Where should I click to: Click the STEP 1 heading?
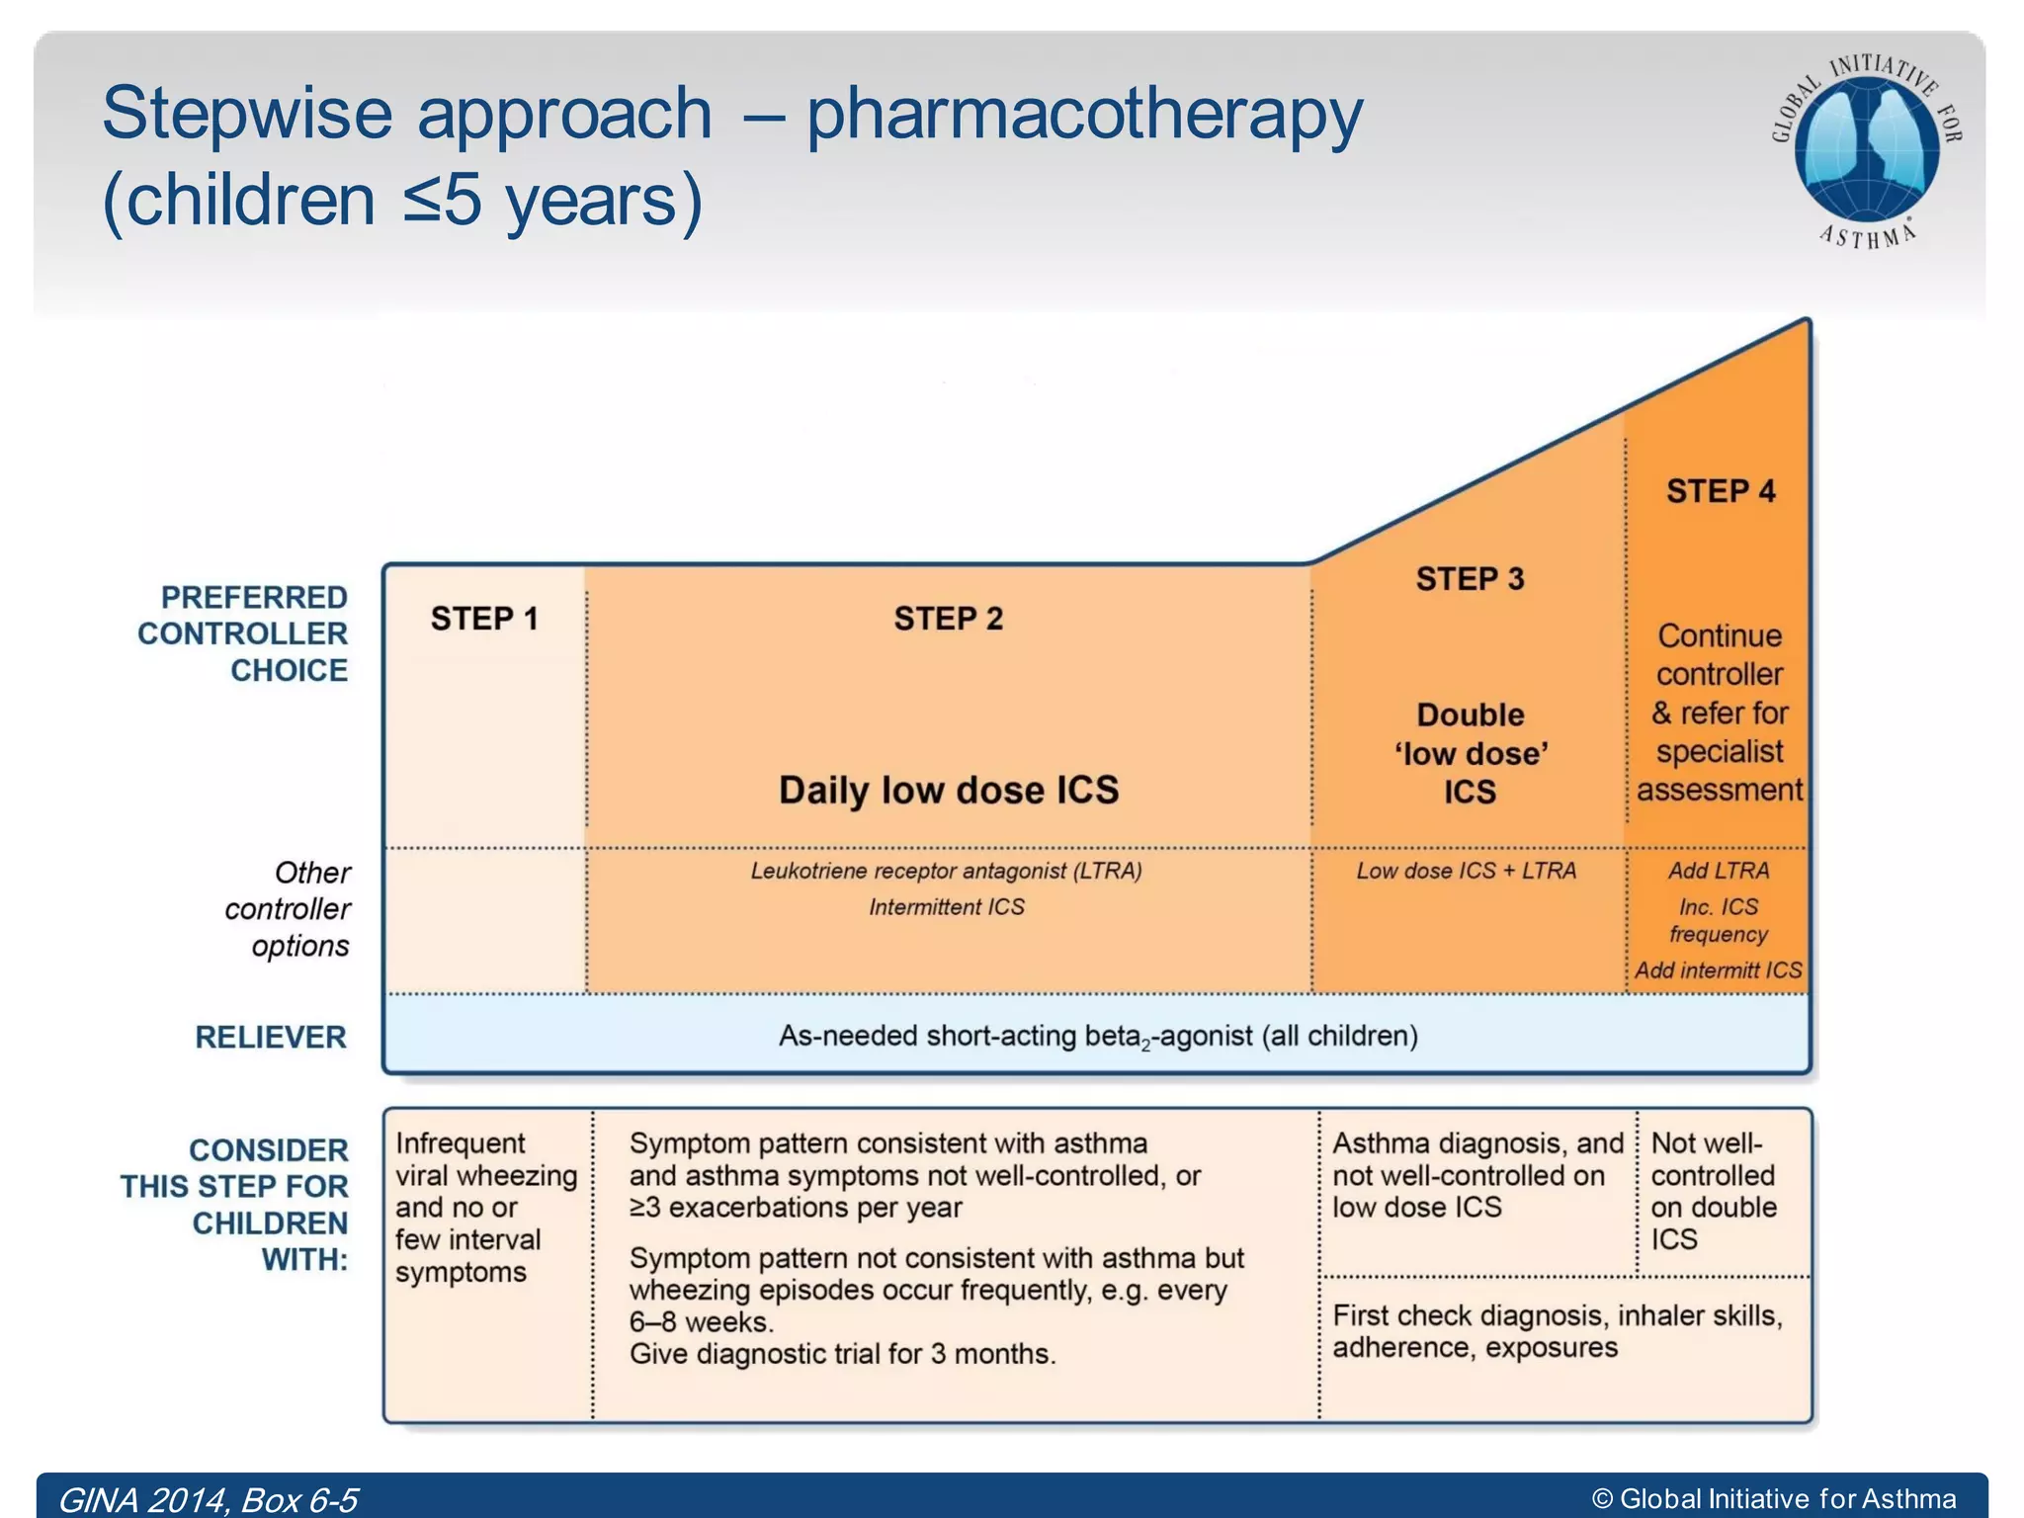point(483,619)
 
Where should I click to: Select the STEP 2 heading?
point(948,619)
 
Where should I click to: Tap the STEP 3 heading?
point(1470,579)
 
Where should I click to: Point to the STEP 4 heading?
point(1720,491)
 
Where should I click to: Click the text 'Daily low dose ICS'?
point(948,791)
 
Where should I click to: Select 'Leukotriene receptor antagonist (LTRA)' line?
point(946,871)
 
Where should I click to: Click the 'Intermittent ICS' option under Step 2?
point(946,907)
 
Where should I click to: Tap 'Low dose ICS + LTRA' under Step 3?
point(1466,871)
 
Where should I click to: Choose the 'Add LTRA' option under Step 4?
point(1719,871)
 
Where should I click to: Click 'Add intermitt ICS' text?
point(1718,970)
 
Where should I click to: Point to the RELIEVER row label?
point(271,1037)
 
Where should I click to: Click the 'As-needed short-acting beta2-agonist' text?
point(1097,1036)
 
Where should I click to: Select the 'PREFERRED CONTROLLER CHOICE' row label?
point(243,633)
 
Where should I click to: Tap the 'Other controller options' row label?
point(288,909)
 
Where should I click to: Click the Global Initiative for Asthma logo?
point(1866,150)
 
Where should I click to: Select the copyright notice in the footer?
point(1773,1499)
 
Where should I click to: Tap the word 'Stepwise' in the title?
point(247,114)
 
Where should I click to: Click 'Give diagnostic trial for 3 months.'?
point(842,1354)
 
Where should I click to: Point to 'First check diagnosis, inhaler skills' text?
point(1557,1316)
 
